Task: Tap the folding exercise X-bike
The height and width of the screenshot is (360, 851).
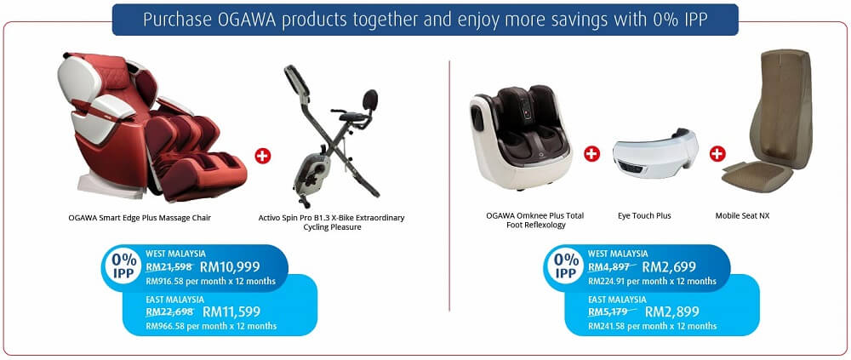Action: [332, 136]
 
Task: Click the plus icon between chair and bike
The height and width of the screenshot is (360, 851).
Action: [263, 156]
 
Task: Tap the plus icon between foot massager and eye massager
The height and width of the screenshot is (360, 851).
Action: [591, 154]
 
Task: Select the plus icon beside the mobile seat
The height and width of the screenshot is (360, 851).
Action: [717, 154]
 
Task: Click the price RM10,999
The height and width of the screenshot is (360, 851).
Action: [230, 266]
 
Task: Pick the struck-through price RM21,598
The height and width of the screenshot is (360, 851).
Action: [169, 266]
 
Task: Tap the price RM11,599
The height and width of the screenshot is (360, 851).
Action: [231, 311]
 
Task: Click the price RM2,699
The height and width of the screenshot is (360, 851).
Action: [669, 266]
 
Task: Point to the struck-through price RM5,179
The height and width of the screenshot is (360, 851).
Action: [612, 311]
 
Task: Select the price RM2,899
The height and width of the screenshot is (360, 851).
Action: [672, 311]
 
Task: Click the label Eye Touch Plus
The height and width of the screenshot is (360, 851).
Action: [644, 215]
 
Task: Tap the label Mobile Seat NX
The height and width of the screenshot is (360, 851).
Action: [742, 215]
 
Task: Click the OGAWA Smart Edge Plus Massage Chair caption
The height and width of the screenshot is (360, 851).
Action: [140, 218]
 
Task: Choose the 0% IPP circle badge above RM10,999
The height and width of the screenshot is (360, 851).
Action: [123, 266]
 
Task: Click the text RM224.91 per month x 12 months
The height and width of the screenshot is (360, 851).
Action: [652, 281]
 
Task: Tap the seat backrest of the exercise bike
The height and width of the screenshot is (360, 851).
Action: [370, 100]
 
